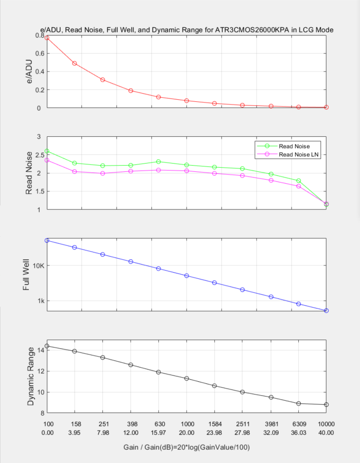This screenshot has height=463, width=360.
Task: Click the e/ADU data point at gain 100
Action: coord(47,38)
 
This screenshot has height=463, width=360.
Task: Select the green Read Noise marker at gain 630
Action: coord(158,162)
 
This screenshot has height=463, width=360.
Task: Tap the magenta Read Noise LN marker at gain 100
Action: coord(47,160)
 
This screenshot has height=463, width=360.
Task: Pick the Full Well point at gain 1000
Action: coord(187,276)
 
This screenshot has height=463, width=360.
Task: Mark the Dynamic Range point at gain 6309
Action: coord(298,403)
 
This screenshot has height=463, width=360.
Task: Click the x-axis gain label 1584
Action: coord(214,424)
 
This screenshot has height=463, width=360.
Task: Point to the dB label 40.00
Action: coord(326,433)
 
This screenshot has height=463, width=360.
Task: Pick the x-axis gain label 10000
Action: coord(326,424)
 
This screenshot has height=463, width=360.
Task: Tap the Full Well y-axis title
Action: coord(26,275)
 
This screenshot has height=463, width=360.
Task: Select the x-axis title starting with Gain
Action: coord(187,448)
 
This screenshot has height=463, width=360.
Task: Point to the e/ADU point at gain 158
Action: coord(75,63)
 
